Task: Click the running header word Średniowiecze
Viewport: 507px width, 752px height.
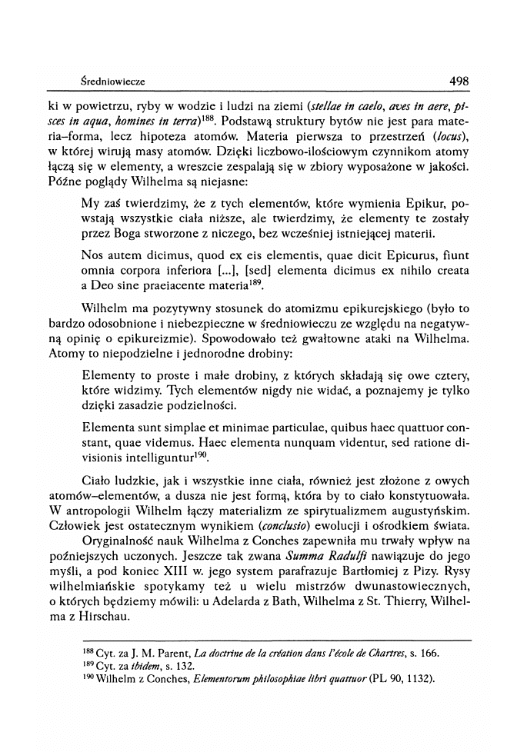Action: pyautogui.click(x=112, y=81)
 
